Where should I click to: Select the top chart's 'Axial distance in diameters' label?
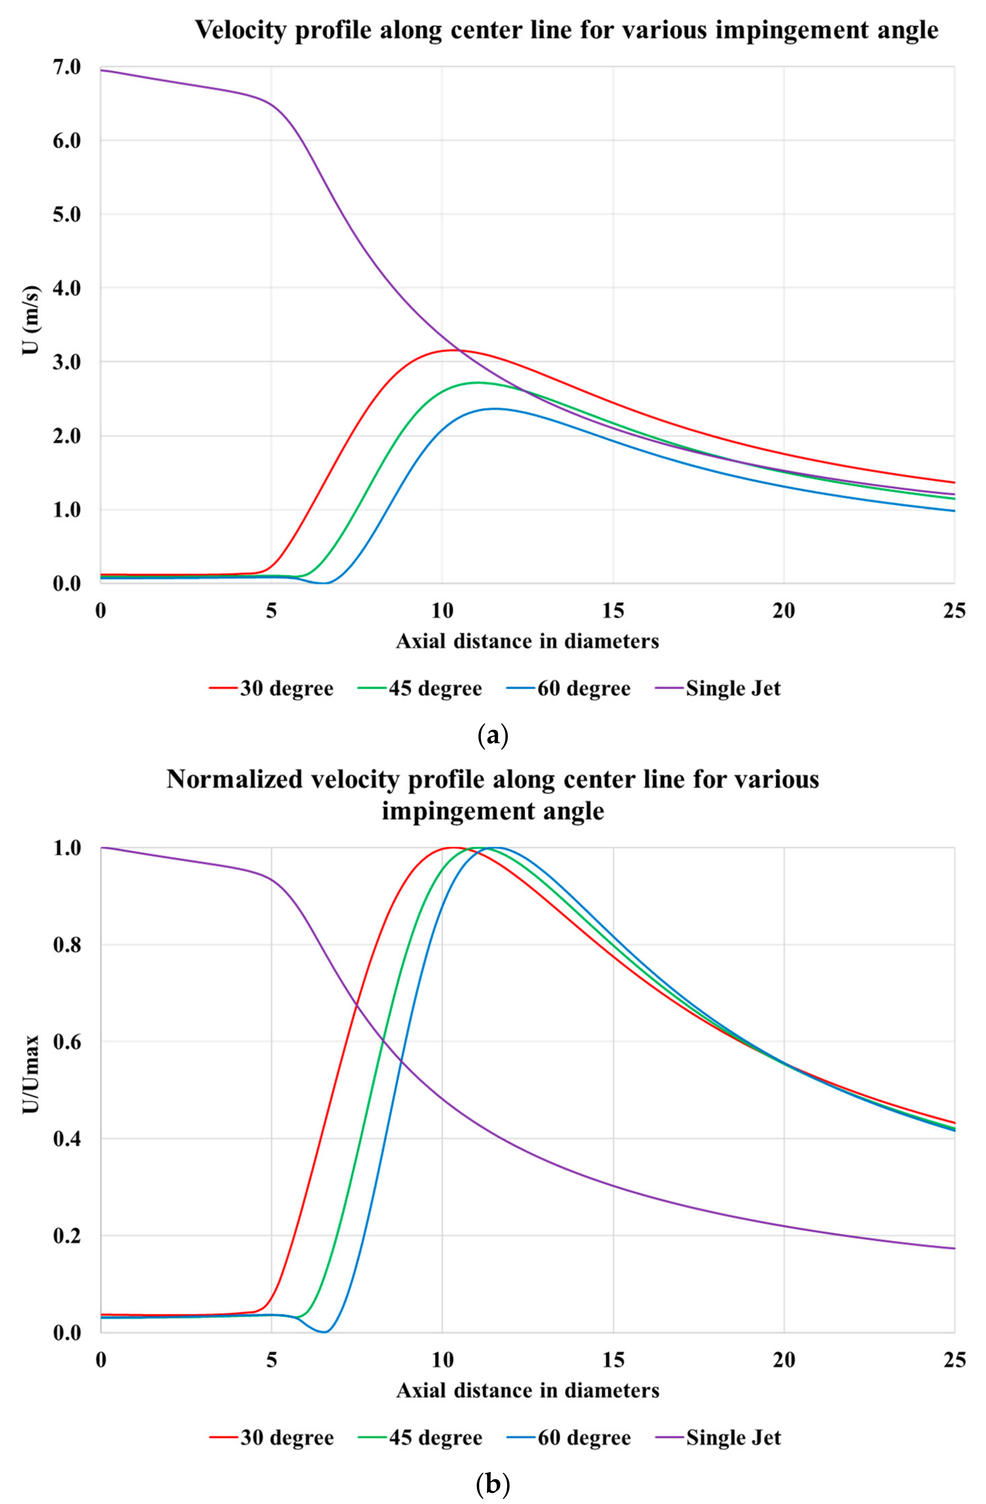coord(528,642)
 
